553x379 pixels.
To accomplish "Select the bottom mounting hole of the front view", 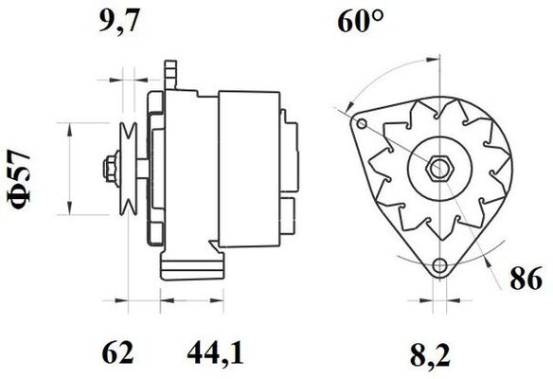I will (437, 266).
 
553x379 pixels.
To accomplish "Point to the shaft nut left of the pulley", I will (103, 169).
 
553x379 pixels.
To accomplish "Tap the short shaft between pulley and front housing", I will (140, 169).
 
